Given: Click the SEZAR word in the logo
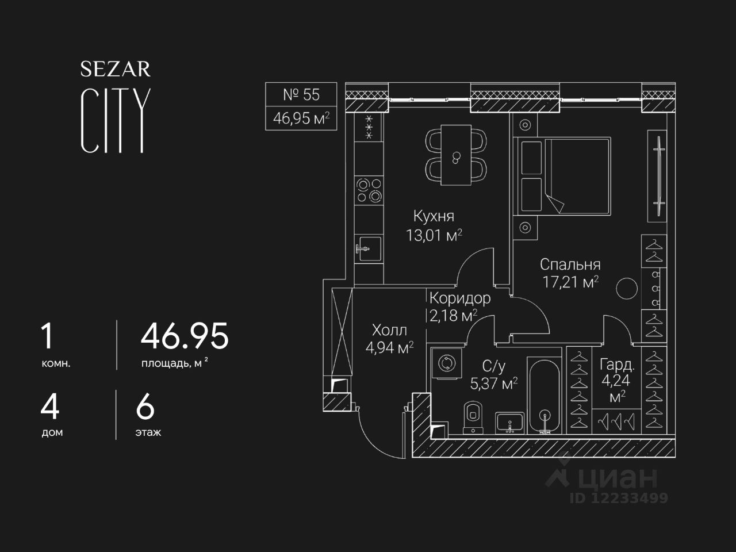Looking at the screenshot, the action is click(115, 70).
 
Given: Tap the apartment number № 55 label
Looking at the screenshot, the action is click(301, 94).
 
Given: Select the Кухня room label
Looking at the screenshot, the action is click(434, 216).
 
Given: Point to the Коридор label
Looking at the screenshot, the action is click(459, 298).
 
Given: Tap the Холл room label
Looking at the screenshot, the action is click(389, 330).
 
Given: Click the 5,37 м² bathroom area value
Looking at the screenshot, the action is click(493, 383).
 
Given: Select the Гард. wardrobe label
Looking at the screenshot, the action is click(617, 365).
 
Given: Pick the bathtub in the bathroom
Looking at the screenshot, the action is click(544, 397).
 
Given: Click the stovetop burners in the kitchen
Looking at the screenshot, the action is click(369, 190).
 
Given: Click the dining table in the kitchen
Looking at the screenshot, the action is click(456, 155).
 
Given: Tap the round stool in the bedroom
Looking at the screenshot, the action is click(627, 289).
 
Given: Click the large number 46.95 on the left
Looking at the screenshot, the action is click(185, 336).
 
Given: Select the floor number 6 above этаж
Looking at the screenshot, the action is click(145, 408).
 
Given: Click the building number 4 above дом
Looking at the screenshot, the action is click(50, 408).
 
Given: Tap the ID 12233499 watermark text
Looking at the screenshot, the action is click(619, 498).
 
